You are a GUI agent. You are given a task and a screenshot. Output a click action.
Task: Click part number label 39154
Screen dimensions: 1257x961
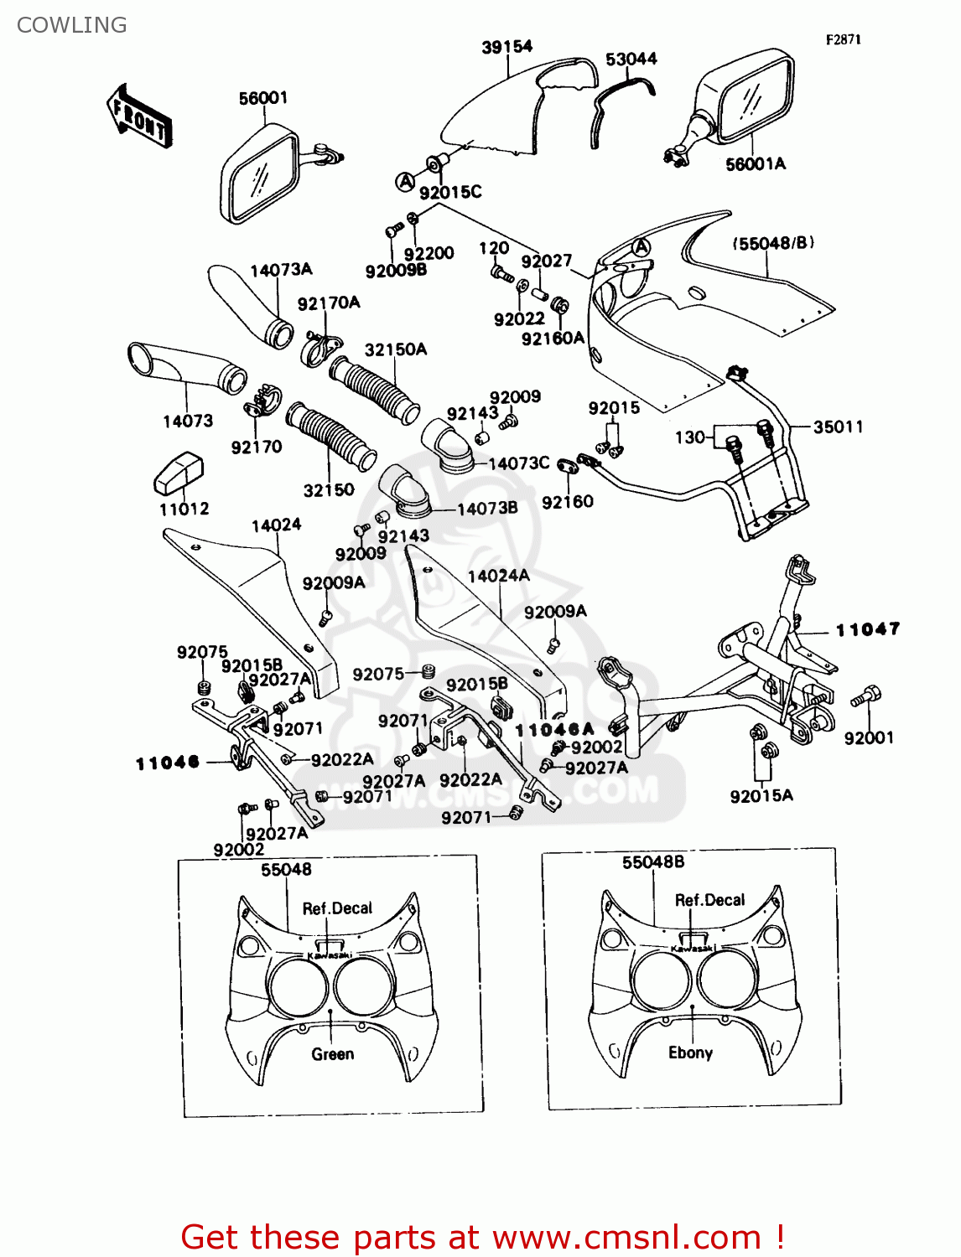pos(506,47)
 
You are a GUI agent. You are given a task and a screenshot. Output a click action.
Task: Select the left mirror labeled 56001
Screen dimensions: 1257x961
pos(259,176)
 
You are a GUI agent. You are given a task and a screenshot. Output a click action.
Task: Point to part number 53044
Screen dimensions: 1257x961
pos(631,59)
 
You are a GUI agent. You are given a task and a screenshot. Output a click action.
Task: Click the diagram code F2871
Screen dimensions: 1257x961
pos(843,39)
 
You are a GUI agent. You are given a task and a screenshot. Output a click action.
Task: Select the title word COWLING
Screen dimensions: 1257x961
pos(72,25)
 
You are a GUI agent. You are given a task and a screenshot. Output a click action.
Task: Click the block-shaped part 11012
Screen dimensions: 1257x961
pos(179,473)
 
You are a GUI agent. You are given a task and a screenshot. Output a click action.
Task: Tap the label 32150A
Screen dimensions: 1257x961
pos(395,349)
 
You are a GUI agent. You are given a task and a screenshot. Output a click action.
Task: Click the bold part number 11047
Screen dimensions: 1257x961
pos(868,629)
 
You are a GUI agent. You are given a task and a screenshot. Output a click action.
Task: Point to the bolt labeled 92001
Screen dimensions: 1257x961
pos(866,696)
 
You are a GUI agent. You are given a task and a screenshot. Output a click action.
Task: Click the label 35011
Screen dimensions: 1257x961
pos(838,427)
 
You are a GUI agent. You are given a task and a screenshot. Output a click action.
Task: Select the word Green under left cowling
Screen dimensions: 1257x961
pos(332,1054)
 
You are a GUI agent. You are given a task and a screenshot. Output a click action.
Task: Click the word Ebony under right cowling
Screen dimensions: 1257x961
pos(690,1053)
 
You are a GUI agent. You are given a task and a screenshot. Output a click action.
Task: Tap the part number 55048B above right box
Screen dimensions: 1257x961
pos(652,861)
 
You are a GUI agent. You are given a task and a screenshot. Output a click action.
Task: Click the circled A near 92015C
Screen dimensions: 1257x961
pos(405,181)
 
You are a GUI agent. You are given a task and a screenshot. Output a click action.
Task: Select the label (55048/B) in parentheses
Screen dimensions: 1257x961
pos(772,243)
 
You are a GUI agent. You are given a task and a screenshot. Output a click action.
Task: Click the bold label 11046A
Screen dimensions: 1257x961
pos(554,730)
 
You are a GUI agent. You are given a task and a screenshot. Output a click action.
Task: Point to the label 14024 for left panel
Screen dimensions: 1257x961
pos(276,525)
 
